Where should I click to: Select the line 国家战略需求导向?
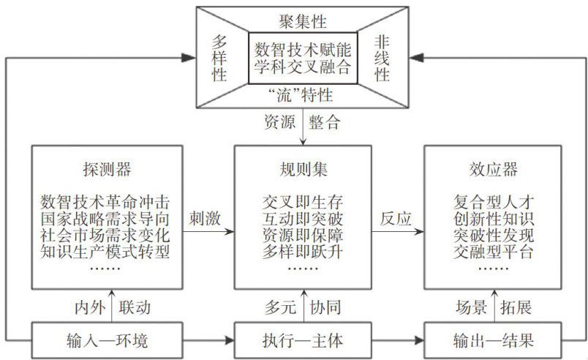point(105,218)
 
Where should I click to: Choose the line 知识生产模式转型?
point(105,253)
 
